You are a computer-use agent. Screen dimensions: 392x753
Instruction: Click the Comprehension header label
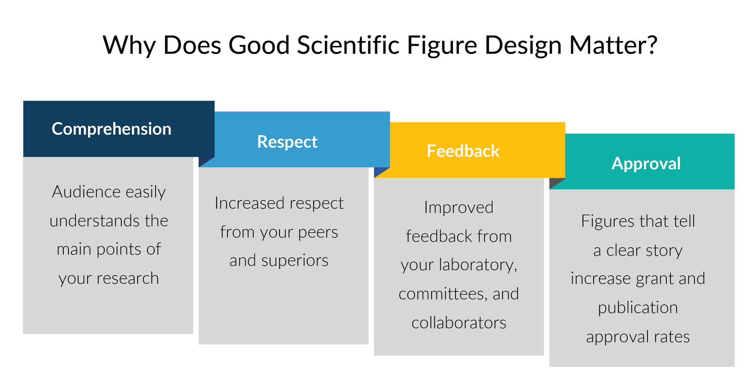[x=111, y=129]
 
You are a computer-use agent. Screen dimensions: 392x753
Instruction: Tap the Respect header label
[x=287, y=142]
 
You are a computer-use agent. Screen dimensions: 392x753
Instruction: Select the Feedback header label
[x=463, y=151]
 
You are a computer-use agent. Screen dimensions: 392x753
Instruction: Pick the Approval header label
[x=646, y=164]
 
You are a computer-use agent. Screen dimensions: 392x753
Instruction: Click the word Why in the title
[x=129, y=45]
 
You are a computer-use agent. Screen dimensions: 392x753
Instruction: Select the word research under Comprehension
[x=128, y=279]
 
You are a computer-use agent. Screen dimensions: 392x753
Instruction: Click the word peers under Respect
[x=318, y=232]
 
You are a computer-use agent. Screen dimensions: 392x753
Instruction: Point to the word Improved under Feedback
[x=459, y=208]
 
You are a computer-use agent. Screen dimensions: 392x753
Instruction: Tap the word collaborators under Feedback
[x=459, y=323]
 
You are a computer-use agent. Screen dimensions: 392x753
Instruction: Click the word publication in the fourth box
[x=638, y=308]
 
